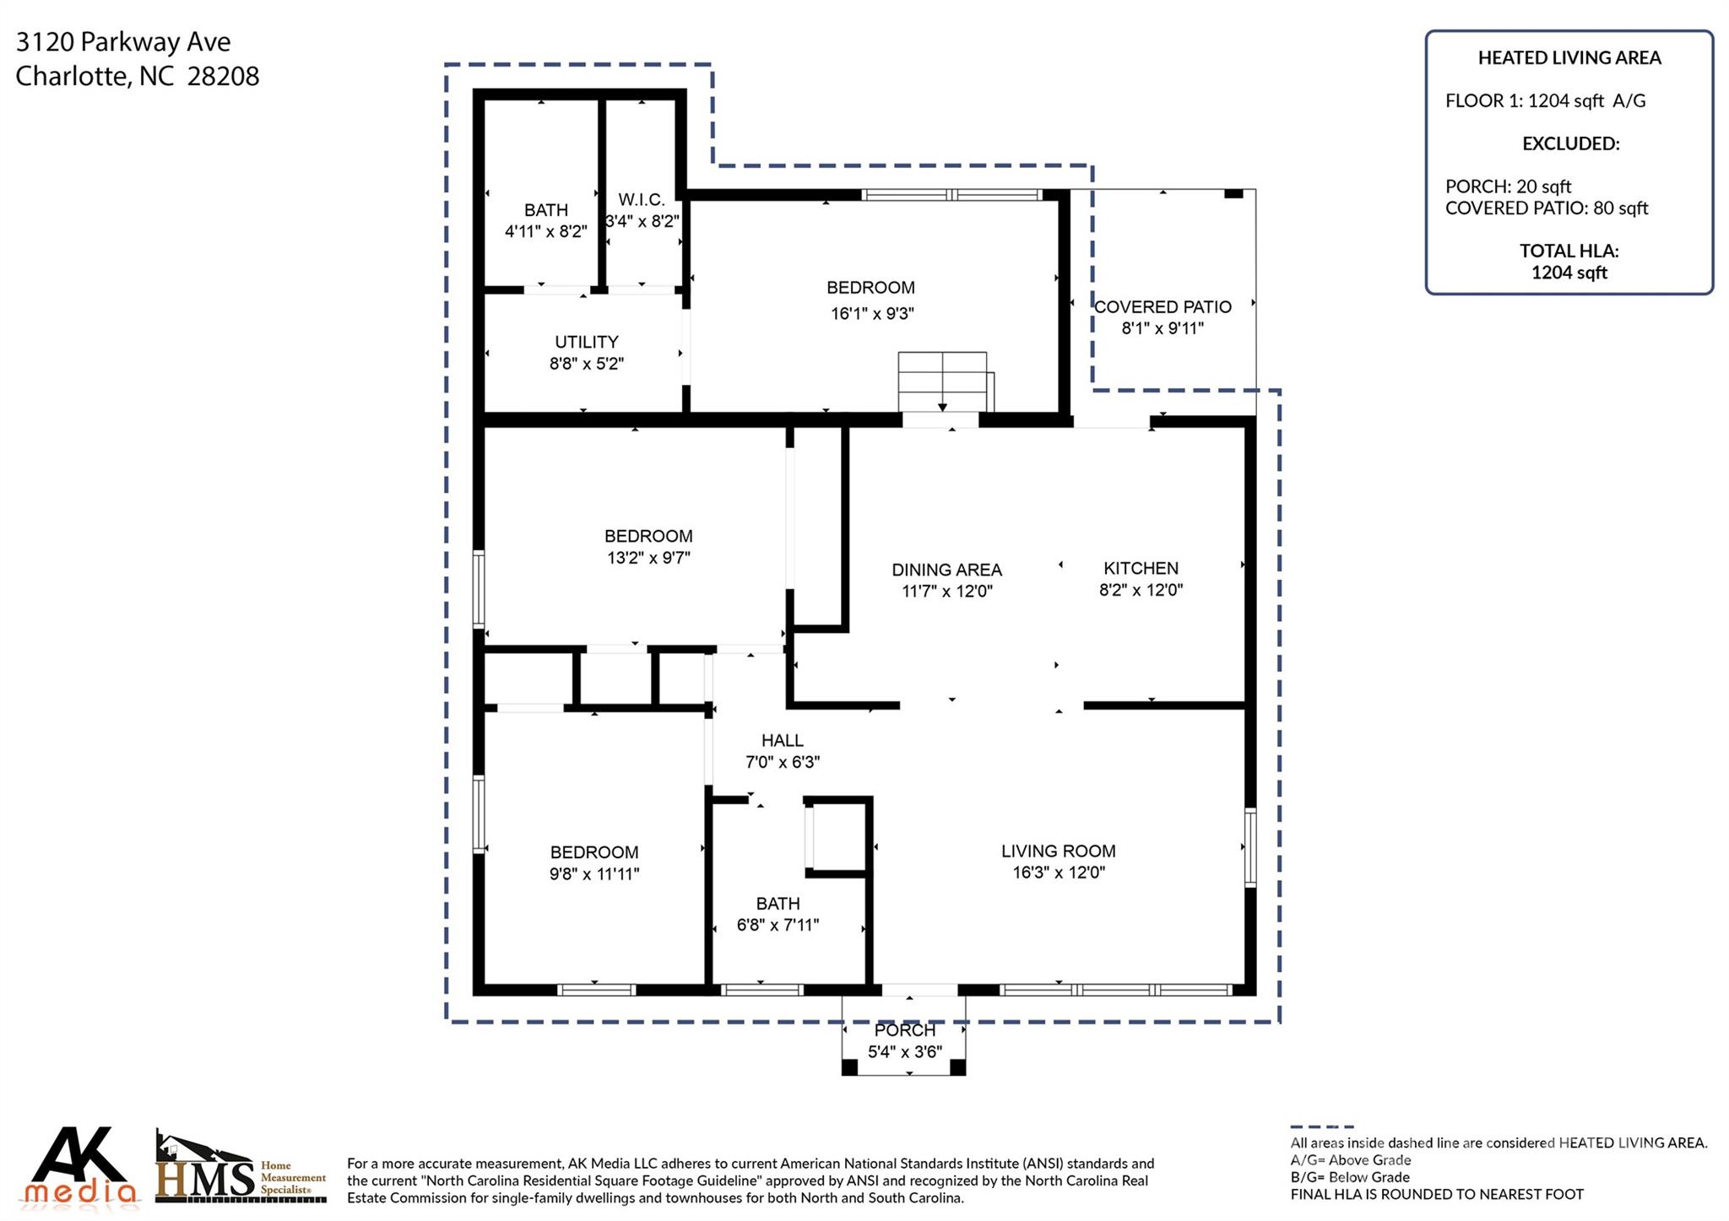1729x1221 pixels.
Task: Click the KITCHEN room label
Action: pos(1141,568)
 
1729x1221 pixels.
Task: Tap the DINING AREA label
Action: pos(946,570)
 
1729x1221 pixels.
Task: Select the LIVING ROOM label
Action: pos(1058,851)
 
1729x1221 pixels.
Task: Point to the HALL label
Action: pos(782,740)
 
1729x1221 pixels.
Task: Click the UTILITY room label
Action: pos(586,342)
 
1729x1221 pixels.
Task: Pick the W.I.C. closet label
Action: pos(641,200)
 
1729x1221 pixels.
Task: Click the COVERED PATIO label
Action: pos(1163,306)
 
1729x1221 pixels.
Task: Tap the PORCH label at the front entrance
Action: pos(904,1030)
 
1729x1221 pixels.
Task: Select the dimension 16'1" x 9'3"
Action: pos(872,314)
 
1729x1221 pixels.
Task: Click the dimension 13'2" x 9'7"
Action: pos(648,558)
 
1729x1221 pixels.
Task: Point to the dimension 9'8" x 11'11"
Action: pos(593,874)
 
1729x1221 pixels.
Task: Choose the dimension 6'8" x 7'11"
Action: pos(778,925)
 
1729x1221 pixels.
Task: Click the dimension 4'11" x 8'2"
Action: pos(545,231)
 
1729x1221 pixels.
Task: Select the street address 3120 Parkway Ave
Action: pos(123,41)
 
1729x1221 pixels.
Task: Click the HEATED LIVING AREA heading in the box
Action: pos(1569,57)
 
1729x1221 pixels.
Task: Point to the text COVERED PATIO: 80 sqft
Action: pos(1547,208)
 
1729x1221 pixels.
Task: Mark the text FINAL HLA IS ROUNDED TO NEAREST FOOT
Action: pos(1437,1194)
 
